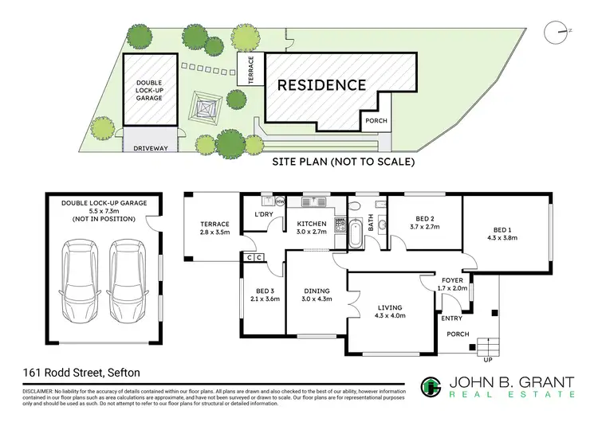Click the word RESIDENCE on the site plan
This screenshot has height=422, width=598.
(x=321, y=84)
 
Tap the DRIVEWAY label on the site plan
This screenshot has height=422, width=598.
(x=150, y=148)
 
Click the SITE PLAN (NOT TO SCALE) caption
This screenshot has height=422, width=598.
(x=344, y=162)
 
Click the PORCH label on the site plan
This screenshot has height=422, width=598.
(x=376, y=121)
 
